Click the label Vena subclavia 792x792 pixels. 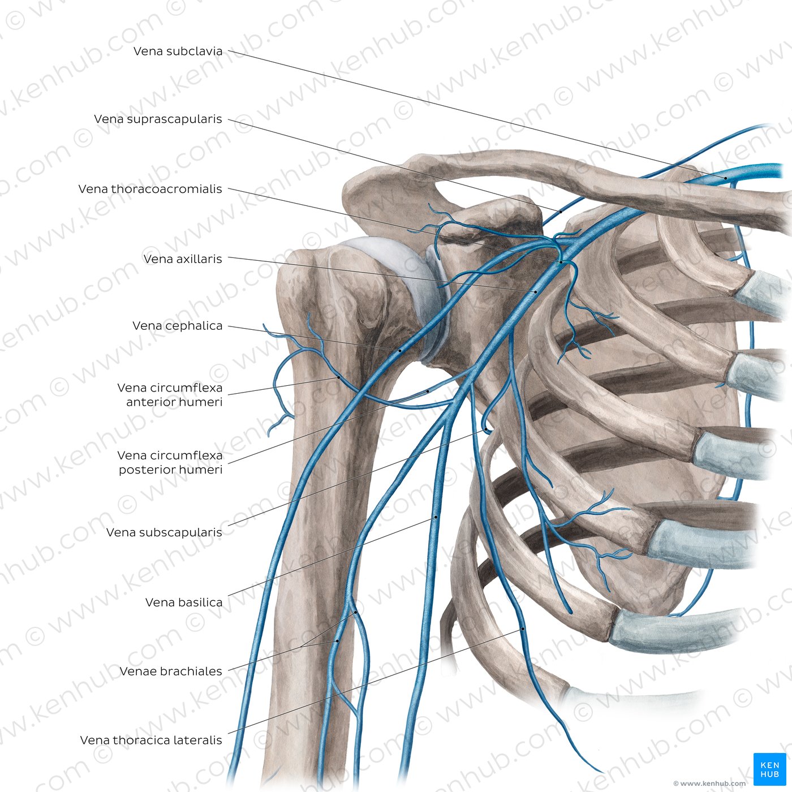[x=178, y=51]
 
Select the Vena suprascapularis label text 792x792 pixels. [x=158, y=119]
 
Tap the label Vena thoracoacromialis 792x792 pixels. [x=150, y=189]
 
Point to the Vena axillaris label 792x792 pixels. [x=183, y=259]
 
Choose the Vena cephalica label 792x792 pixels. [x=177, y=326]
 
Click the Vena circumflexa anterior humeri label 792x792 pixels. [x=170, y=394]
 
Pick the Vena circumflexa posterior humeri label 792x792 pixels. [x=170, y=462]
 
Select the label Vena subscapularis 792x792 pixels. [x=164, y=532]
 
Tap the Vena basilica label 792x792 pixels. [x=184, y=602]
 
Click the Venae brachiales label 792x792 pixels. [x=171, y=671]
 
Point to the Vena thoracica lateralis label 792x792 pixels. [x=151, y=740]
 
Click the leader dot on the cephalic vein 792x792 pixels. [x=400, y=351]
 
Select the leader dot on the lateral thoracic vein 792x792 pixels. [x=523, y=629]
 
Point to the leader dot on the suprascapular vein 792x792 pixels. [x=561, y=212]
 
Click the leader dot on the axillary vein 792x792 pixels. [x=536, y=291]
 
